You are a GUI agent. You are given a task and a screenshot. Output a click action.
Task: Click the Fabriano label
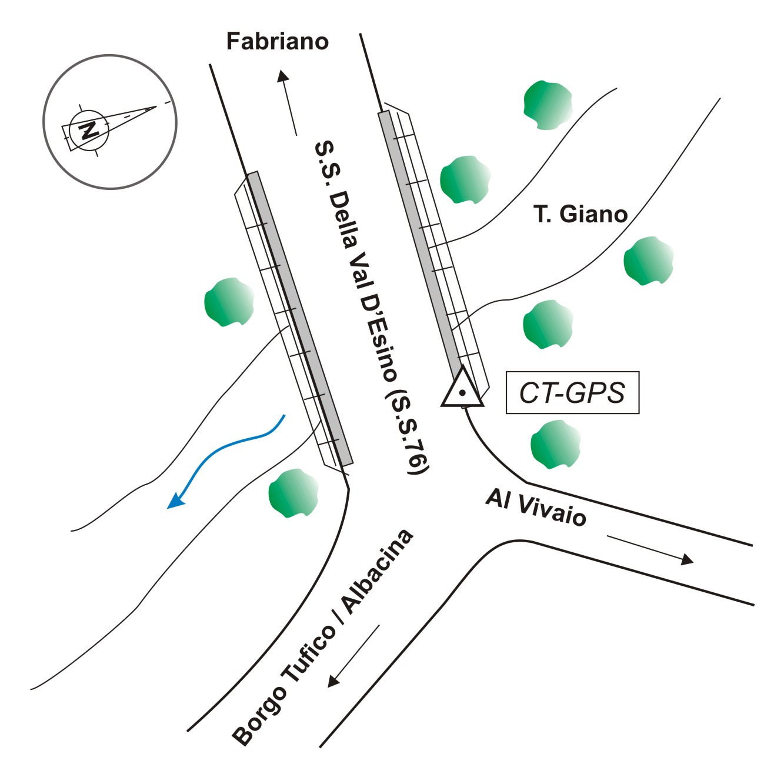[x=277, y=42]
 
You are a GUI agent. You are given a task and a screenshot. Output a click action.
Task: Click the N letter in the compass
[x=89, y=129]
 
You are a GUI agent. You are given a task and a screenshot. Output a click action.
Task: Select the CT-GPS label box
[x=572, y=392]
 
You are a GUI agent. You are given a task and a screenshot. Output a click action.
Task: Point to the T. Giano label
[x=580, y=214]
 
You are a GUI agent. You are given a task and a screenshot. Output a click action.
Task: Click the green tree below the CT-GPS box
[x=555, y=444]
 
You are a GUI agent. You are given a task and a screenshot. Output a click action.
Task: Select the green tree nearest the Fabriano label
[x=548, y=105]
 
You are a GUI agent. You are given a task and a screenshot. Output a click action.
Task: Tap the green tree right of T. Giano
[x=648, y=261]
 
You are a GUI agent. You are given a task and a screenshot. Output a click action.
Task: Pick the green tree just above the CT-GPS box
[x=548, y=324]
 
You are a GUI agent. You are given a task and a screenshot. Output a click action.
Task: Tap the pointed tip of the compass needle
[x=156, y=106]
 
